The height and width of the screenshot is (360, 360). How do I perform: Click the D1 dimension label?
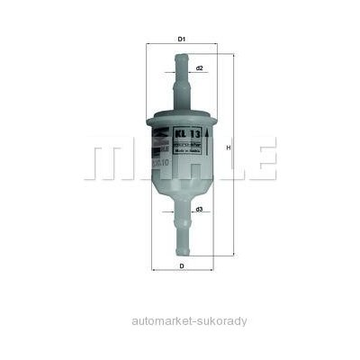181,39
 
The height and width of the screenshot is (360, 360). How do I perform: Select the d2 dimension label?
199,68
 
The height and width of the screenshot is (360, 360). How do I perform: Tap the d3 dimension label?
198,210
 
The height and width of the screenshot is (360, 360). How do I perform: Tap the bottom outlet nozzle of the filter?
181,238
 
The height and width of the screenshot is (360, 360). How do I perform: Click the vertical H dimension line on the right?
231,180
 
